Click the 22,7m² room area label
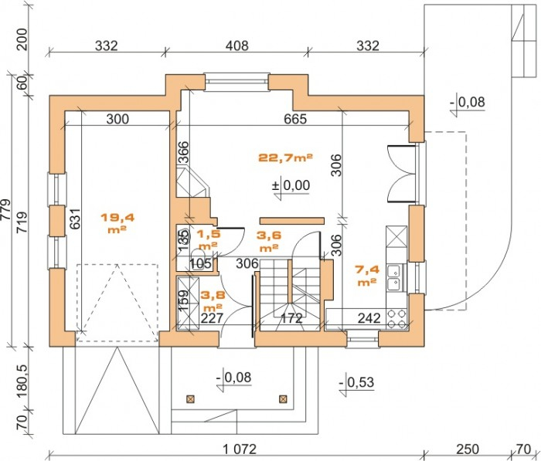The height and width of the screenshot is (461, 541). click(285, 158)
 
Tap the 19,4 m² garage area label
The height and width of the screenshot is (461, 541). click(117, 223)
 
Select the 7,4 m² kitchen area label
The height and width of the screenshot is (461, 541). click(367, 275)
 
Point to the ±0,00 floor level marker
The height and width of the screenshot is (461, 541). click(291, 185)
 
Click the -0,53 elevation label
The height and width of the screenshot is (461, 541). click(356, 382)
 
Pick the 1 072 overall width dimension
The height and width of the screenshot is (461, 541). click(240, 449)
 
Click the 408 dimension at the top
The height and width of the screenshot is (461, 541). click(238, 46)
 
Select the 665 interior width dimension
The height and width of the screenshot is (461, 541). click(295, 119)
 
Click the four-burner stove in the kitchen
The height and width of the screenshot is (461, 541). click(396, 319)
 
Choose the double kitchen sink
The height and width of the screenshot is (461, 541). click(393, 277)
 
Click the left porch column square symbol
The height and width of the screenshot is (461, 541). click(190, 399)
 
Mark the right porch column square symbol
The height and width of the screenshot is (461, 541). click(283, 399)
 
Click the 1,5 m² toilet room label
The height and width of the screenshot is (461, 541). click(208, 239)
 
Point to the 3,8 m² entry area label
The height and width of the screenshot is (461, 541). click(213, 300)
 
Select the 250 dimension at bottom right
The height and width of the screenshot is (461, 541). click(468, 449)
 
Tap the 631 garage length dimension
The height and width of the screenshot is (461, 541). click(75, 219)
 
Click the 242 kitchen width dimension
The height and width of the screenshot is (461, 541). click(369, 318)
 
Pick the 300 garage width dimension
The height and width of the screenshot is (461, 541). click(117, 119)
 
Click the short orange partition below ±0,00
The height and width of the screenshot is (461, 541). click(292, 221)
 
